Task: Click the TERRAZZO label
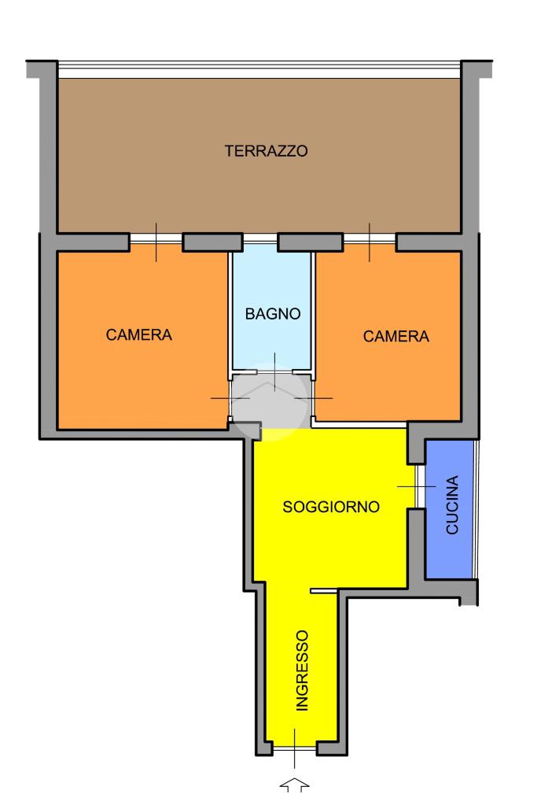(267, 151)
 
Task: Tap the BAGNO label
(273, 314)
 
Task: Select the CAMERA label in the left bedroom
(139, 334)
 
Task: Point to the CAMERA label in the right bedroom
(396, 336)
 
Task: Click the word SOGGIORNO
(331, 507)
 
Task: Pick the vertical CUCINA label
(452, 505)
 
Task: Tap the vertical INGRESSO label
(303, 670)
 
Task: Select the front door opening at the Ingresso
(294, 749)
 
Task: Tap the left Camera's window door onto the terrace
(156, 239)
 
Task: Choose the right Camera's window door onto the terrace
(370, 239)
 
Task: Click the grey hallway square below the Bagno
(270, 399)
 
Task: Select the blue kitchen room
(450, 509)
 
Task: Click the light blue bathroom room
(272, 306)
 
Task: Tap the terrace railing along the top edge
(259, 70)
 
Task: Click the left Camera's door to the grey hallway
(230, 398)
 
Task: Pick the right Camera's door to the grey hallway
(313, 398)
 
